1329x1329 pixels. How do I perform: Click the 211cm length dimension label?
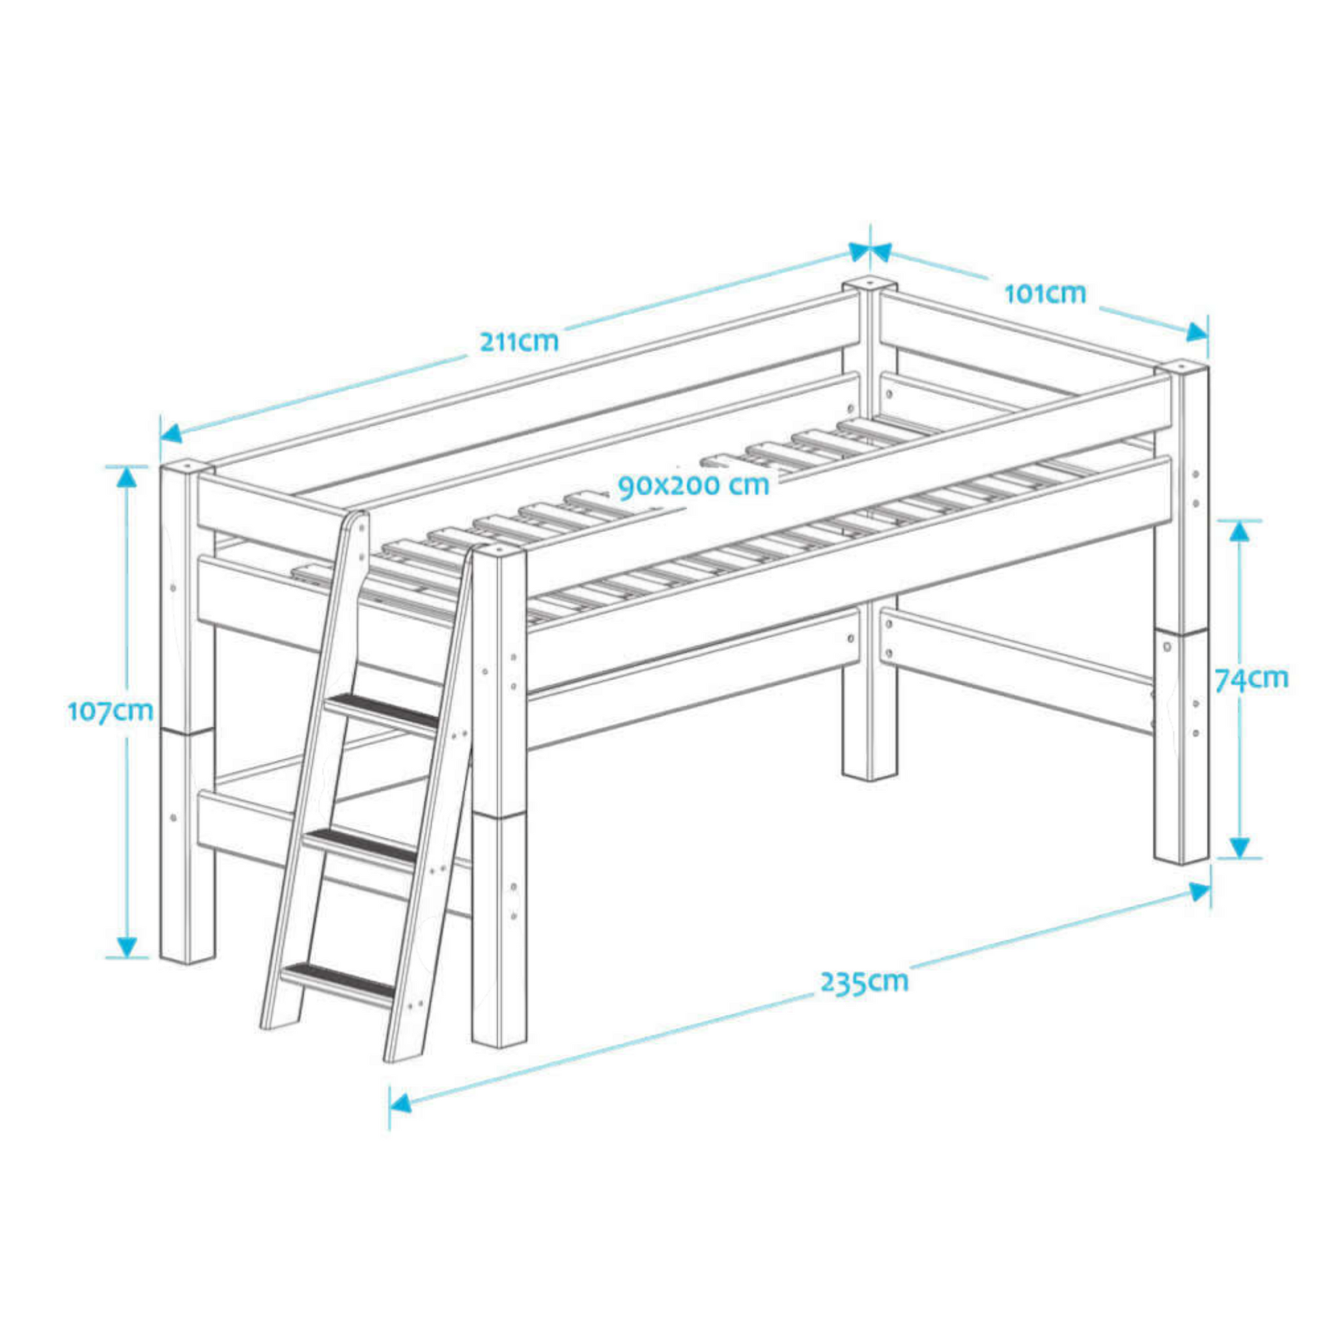click(519, 341)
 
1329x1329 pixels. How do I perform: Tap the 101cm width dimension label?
click(1045, 294)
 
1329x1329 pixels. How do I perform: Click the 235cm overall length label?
click(865, 981)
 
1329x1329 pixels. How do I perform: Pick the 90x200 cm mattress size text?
click(693, 486)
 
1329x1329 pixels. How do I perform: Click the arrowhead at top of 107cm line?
click(126, 476)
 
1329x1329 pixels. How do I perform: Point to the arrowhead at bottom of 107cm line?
click(126, 947)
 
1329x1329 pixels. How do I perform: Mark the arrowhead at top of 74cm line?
click(1239, 531)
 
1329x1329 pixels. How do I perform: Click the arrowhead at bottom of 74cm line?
click(1239, 848)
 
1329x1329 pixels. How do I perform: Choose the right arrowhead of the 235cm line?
click(1200, 893)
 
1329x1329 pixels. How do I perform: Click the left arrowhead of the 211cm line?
click(171, 433)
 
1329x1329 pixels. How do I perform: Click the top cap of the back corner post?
click(869, 283)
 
